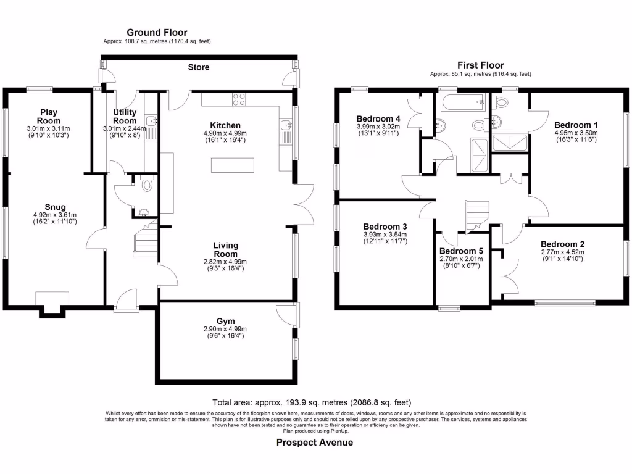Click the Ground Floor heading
tap(157, 32)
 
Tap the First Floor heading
tap(480, 65)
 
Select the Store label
tap(198, 67)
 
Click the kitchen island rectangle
tap(233, 165)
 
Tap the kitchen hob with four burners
tap(239, 98)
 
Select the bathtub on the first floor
tap(459, 101)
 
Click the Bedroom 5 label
tap(460, 251)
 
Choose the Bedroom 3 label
tap(385, 226)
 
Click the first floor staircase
tap(475, 216)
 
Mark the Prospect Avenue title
tap(315, 443)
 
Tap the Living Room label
tap(226, 250)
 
